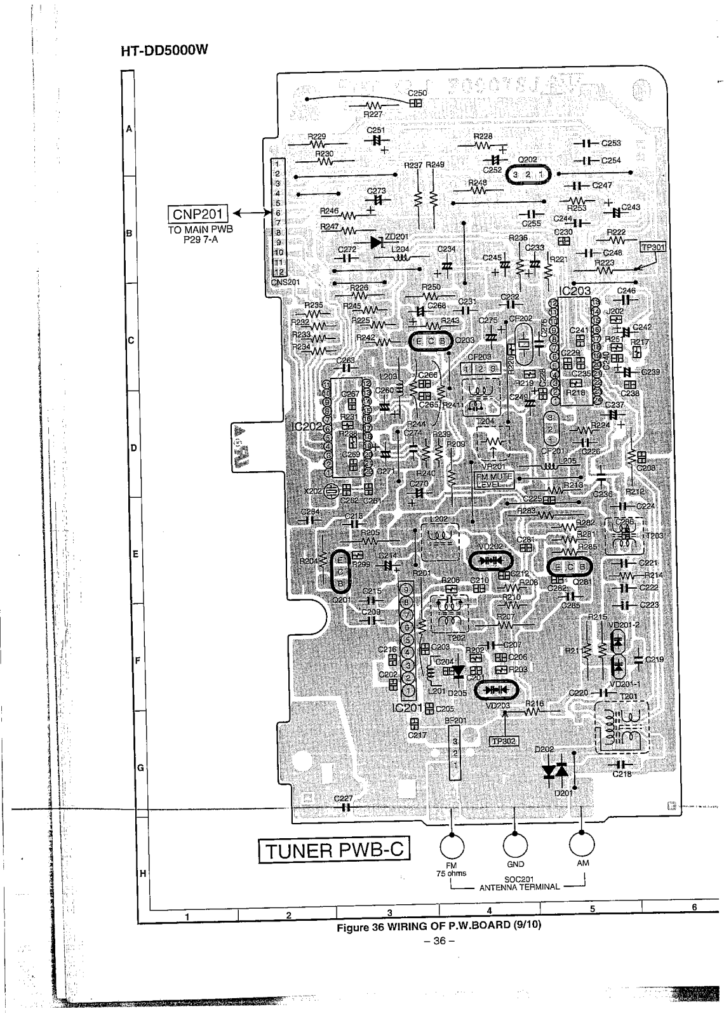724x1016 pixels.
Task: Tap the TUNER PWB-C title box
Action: click(333, 850)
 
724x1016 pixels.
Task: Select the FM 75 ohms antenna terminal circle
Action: click(452, 845)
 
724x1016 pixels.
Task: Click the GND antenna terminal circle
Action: click(515, 845)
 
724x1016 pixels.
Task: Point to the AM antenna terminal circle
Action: click(582, 844)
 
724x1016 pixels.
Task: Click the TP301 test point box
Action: click(653, 248)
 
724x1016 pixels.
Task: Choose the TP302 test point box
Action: click(504, 740)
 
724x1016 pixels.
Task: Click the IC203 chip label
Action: click(574, 291)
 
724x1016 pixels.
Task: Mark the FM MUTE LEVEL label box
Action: click(492, 480)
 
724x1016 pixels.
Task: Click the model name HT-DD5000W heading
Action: click(164, 52)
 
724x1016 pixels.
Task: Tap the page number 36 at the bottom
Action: click(439, 940)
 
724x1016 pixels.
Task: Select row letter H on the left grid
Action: click(141, 873)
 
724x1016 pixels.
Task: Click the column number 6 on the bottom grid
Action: click(694, 907)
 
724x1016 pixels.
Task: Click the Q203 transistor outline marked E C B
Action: click(431, 341)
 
